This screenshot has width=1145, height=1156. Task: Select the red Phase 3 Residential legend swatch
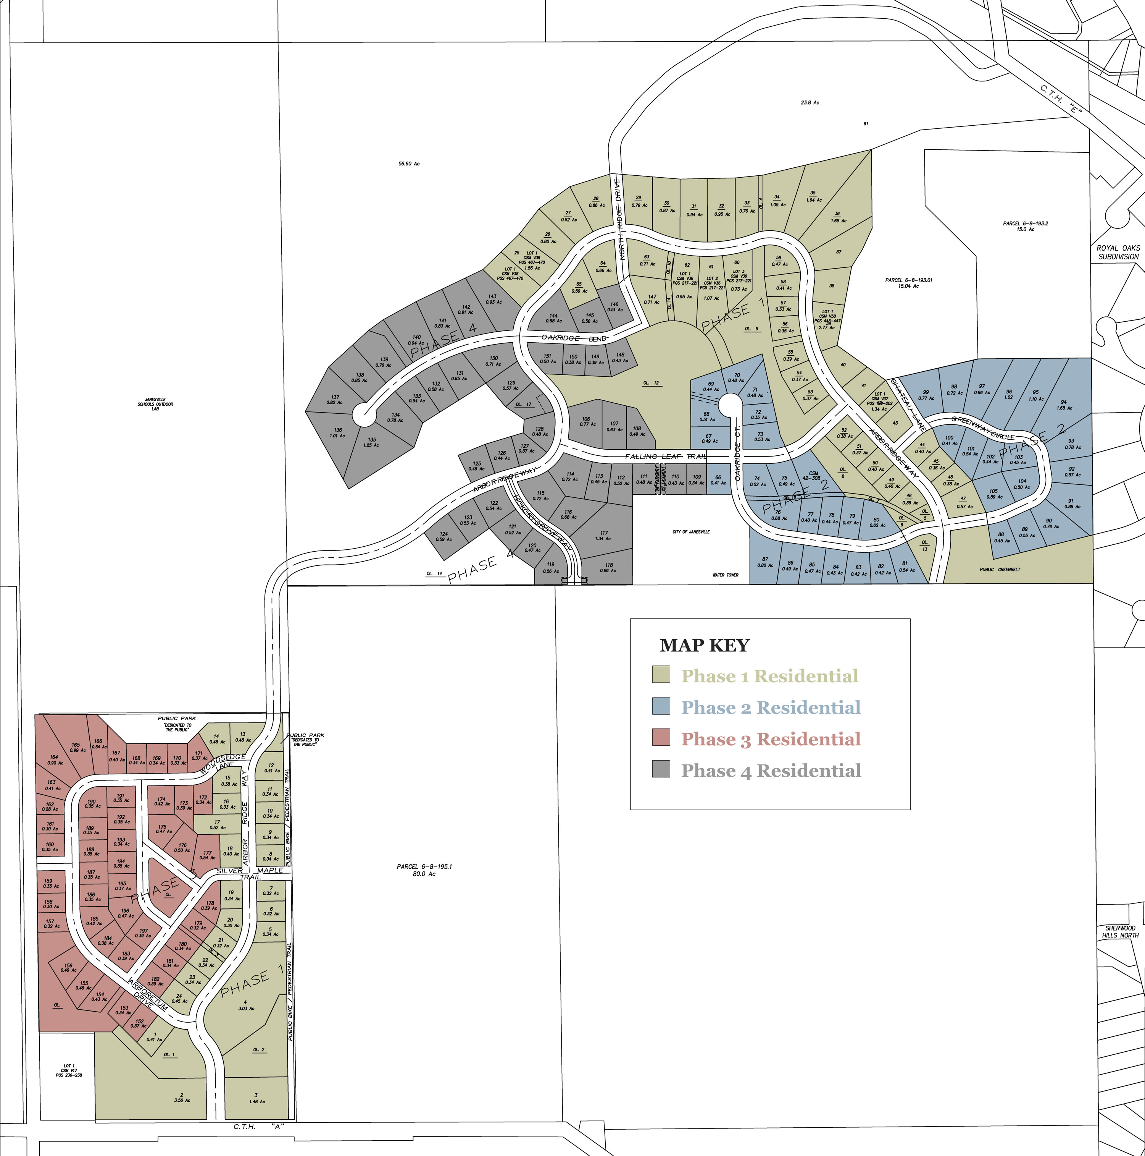(x=661, y=737)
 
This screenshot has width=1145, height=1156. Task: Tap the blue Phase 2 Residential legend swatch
(x=661, y=706)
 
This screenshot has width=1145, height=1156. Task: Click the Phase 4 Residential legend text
(x=771, y=771)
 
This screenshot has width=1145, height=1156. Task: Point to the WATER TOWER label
(x=725, y=575)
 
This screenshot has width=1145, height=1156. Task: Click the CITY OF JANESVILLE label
(x=691, y=532)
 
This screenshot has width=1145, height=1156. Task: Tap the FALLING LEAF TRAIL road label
(x=666, y=457)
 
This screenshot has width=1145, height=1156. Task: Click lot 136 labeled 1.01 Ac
(x=338, y=432)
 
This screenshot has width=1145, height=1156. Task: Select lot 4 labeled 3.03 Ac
(x=245, y=1005)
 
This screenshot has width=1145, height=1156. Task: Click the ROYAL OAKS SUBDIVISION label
(x=1118, y=252)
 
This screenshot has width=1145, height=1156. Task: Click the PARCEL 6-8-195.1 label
(x=424, y=870)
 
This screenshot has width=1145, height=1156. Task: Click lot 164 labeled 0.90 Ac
(x=55, y=760)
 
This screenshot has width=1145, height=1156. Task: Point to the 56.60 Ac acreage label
(x=409, y=164)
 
